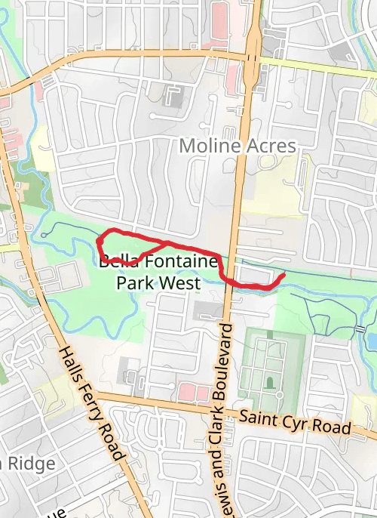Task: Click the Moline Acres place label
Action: pyautogui.click(x=238, y=145)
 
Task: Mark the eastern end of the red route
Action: pyautogui.click(x=283, y=276)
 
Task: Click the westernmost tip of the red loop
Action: pyautogui.click(x=98, y=242)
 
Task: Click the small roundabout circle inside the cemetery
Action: pyautogui.click(x=279, y=395)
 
